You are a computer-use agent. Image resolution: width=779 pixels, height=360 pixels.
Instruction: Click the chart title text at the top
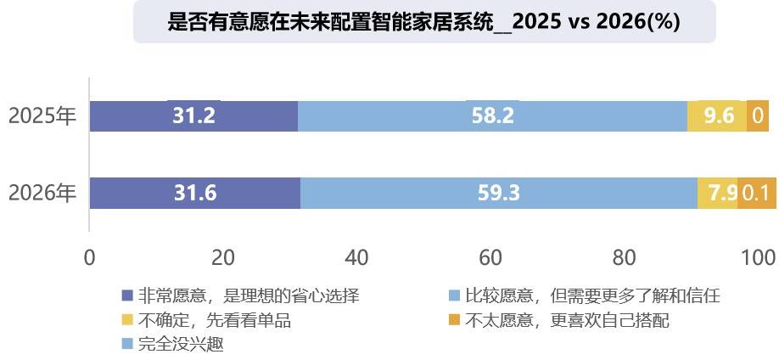tap(424, 22)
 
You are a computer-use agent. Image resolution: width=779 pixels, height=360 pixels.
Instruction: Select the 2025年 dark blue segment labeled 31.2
tap(193, 115)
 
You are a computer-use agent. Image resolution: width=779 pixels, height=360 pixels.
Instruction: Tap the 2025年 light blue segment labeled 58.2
tap(492, 115)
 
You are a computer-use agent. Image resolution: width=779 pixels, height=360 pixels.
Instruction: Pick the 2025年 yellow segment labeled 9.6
tap(717, 115)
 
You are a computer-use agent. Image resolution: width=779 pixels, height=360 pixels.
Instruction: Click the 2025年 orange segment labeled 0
tap(758, 115)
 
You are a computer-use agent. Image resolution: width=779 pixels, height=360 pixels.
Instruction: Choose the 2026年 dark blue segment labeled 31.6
tap(195, 193)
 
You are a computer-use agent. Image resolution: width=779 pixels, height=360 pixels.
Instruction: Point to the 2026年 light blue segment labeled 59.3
tap(498, 193)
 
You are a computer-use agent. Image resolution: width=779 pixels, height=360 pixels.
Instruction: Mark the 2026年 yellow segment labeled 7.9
tap(717, 193)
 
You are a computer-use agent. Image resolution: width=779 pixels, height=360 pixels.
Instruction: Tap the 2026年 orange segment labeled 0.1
tap(757, 193)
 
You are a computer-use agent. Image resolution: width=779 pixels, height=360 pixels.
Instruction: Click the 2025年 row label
tap(42, 116)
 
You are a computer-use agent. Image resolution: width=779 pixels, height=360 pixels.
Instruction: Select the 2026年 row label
tap(42, 194)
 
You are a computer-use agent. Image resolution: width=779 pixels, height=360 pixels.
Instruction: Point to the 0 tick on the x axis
tap(89, 257)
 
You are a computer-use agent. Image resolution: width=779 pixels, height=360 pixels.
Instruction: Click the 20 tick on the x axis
tap(222, 257)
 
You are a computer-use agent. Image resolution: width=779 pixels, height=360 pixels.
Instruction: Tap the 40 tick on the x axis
tap(356, 257)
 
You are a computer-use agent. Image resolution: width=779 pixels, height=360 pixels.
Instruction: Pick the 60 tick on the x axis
tap(490, 257)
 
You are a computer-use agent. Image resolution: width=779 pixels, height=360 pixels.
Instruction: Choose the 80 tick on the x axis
tap(624, 257)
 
